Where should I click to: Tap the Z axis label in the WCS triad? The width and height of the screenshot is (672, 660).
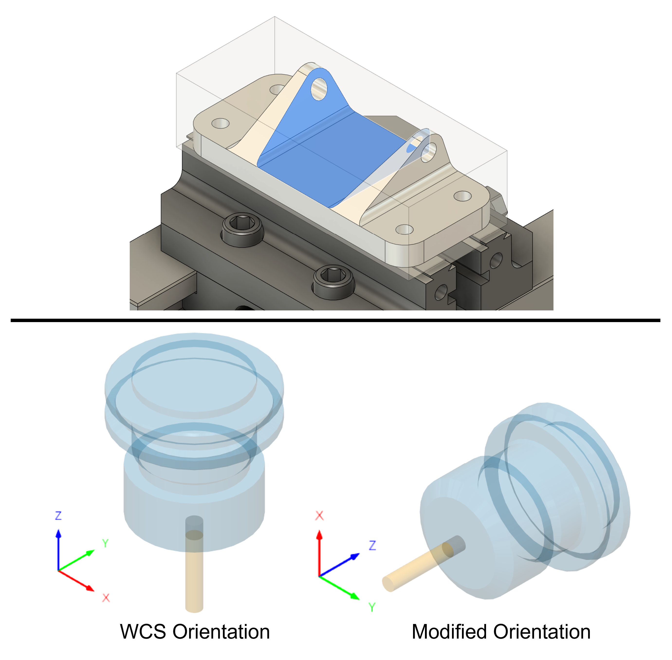tap(58, 515)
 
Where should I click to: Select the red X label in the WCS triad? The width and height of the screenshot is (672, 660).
tap(106, 598)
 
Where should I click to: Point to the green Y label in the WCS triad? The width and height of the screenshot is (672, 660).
tap(105, 543)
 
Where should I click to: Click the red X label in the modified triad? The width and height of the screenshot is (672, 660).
tap(319, 515)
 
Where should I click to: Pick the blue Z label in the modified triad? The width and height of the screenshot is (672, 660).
tap(372, 545)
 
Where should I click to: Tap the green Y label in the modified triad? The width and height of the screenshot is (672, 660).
tap(372, 607)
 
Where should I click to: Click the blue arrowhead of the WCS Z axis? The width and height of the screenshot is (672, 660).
tap(58, 533)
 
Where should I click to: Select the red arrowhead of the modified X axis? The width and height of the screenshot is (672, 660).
tap(319, 535)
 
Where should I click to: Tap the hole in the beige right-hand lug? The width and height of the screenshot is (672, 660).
tap(429, 153)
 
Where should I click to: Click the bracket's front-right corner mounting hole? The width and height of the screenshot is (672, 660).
tap(404, 229)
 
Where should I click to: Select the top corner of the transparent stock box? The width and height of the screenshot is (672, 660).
tap(275, 17)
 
